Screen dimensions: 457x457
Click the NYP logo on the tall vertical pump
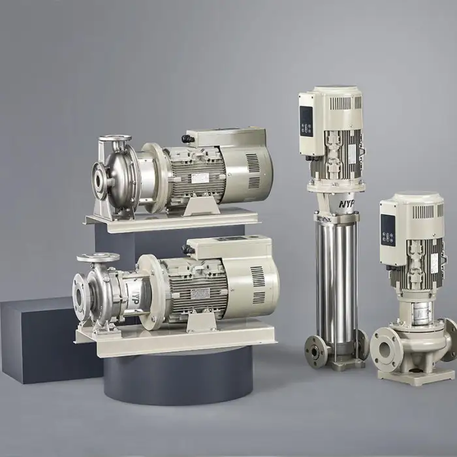pos(347,204)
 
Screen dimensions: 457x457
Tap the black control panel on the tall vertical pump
pos(306,121)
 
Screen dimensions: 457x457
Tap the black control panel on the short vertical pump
pos(388,229)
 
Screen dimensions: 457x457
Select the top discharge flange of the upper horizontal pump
pos(115,138)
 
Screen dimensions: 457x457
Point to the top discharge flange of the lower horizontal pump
pos(98,257)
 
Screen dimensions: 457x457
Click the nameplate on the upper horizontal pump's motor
pos(199,178)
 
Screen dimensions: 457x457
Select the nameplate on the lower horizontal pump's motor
pos(200,293)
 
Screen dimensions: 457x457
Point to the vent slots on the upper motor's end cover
pos(254,170)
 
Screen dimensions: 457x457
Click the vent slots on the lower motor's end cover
pos(259,285)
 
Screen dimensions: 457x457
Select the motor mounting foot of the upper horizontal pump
pos(199,206)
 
